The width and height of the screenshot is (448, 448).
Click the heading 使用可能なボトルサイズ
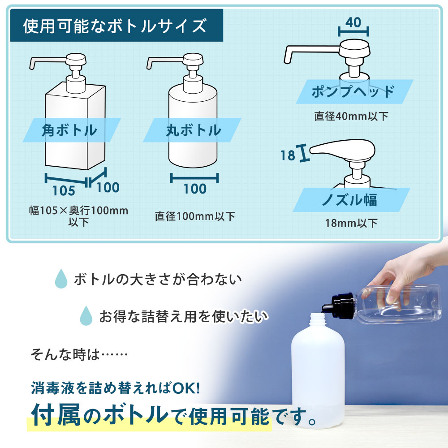tap(115, 26)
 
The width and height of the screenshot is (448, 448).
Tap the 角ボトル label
tap(69, 130)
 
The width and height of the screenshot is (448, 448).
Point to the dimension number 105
tap(63, 190)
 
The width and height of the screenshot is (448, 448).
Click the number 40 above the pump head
tap(353, 22)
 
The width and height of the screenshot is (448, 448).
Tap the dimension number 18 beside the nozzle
tap(288, 155)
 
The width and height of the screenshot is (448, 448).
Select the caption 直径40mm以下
tap(351, 116)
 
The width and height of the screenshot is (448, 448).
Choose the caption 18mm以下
tap(352, 223)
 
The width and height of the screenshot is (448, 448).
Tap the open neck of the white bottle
tap(318, 319)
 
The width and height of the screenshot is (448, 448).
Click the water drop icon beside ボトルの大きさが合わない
tap(60, 279)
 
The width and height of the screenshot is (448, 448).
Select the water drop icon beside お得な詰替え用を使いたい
tap(86, 316)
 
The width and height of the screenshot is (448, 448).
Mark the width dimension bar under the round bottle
tap(194, 178)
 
